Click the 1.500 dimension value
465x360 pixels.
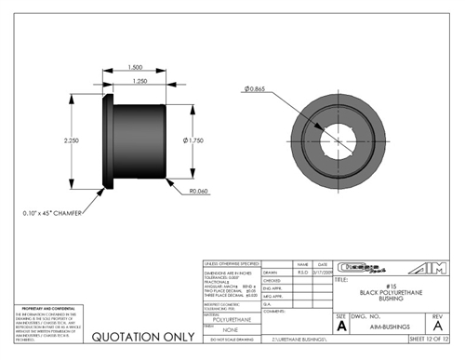click(x=136, y=68)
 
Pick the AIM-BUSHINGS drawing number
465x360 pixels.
click(x=382, y=327)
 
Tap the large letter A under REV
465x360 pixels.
click(x=437, y=327)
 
